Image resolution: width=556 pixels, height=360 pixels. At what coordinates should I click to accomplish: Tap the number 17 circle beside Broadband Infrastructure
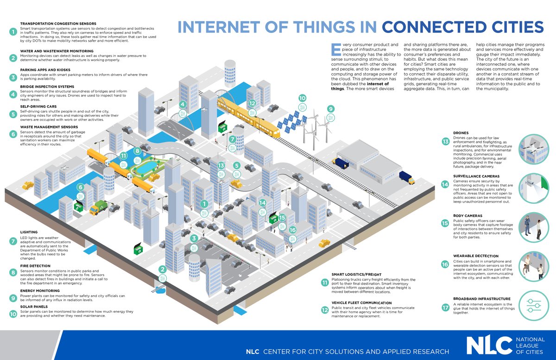(445, 307)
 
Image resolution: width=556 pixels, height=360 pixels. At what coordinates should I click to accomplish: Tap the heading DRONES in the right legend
(461, 133)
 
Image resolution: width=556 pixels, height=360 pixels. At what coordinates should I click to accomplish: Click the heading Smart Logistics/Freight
(353, 274)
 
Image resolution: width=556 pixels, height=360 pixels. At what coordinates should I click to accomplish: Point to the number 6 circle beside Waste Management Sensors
(13, 134)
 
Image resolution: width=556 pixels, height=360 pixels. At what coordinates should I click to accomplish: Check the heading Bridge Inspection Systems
(47, 86)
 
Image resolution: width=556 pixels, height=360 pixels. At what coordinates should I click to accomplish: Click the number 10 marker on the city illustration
(303, 98)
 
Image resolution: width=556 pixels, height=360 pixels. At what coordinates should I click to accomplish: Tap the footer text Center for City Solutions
(356, 352)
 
